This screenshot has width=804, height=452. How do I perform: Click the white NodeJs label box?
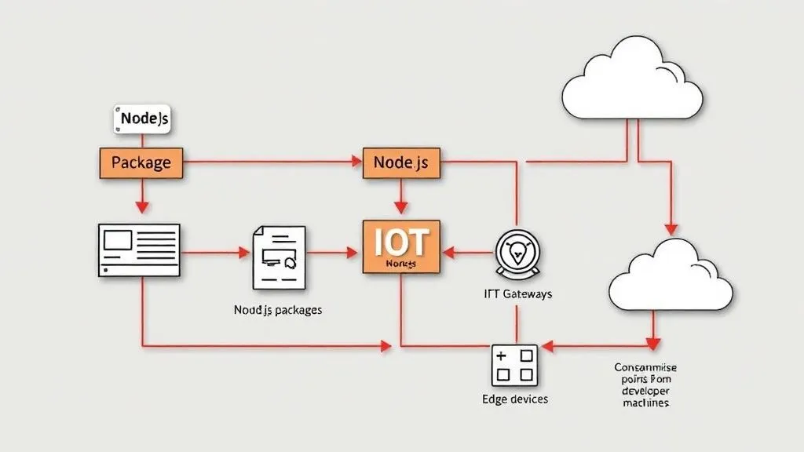pos(142,119)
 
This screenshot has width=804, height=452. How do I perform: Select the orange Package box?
pos(141,162)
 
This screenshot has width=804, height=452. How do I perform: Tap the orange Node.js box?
pos(400,162)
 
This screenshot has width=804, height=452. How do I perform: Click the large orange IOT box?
pos(401,246)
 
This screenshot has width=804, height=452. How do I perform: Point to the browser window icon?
pos(139,250)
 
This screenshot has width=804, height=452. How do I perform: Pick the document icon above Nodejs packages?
pos(277,257)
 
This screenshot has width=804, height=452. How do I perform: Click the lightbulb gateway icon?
pos(517,253)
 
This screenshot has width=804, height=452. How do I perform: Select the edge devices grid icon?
pos(514,366)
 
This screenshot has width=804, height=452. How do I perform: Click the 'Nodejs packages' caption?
pos(277,310)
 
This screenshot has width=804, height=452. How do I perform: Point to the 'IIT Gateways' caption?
pos(517,294)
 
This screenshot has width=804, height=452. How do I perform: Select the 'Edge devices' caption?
pos(514,399)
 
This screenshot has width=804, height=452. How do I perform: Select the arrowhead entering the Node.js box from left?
pos(355,162)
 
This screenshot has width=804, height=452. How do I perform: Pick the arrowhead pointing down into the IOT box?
pos(400,207)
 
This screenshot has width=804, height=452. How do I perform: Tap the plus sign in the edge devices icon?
pos(503,356)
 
